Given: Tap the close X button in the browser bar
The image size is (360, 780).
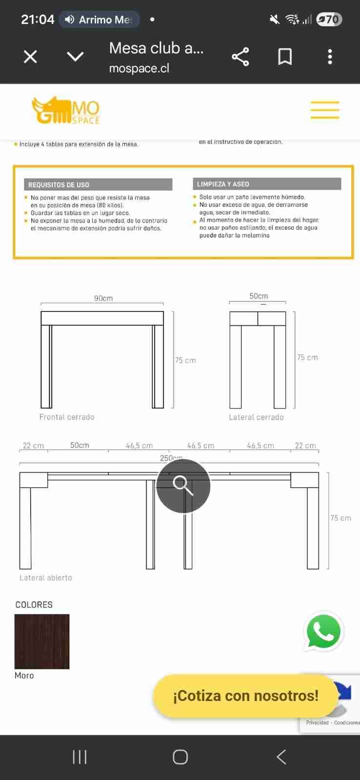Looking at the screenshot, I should [30, 57].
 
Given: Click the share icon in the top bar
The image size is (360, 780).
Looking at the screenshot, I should [240, 57].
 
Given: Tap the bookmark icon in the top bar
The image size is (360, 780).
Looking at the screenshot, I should [285, 57].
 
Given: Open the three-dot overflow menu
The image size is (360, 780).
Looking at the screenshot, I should [330, 57].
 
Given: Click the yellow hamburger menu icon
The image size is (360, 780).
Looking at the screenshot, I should [325, 110].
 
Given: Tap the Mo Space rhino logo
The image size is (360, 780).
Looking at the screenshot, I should [65, 110].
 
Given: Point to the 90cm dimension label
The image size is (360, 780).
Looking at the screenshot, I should [103, 298].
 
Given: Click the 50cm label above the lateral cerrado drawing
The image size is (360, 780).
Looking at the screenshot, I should [259, 296].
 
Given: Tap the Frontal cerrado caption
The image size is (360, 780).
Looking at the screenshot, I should [67, 417].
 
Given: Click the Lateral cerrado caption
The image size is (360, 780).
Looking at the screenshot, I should [256, 417].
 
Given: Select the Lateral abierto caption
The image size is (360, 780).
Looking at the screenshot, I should [46, 578].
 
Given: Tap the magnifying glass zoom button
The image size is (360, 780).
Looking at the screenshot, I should [183, 486].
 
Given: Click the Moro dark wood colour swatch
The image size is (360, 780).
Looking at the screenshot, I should [42, 642].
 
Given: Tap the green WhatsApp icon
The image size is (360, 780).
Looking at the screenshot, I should [323, 632].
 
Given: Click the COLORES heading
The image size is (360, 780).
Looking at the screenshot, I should [34, 604].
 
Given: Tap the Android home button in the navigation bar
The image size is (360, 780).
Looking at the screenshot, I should [180, 757].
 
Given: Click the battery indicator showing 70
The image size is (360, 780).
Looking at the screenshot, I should [329, 19].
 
